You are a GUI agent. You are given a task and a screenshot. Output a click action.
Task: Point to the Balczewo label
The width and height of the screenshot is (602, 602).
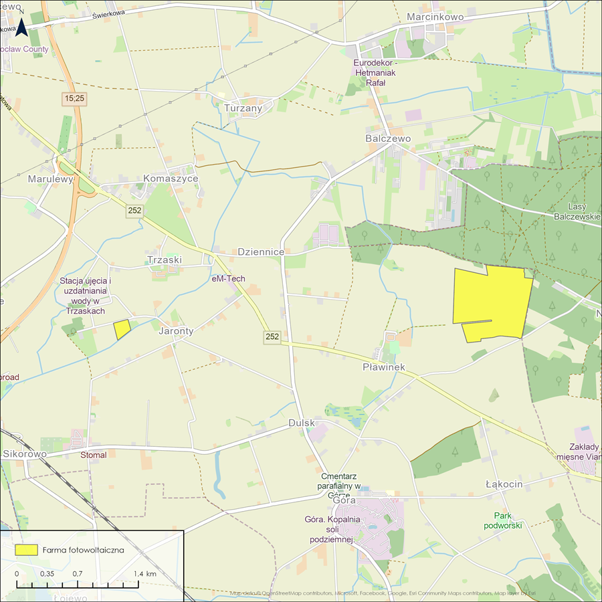pos(388,138)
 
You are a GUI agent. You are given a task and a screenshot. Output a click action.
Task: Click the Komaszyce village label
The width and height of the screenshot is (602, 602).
pos(171,179)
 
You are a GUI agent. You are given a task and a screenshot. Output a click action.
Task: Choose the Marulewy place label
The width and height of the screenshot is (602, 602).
pos(49,179)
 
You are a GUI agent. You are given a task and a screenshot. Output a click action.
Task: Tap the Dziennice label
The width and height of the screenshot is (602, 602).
pos(261,252)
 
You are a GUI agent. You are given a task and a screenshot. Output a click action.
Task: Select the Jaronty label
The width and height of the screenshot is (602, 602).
pos(176,330)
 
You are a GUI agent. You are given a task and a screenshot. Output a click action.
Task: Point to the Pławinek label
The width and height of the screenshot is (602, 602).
pos(383,367)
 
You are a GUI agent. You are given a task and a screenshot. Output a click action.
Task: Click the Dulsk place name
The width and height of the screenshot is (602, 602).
pos(301,423)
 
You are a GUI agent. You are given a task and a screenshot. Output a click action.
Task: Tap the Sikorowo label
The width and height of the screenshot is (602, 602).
pos(25,454)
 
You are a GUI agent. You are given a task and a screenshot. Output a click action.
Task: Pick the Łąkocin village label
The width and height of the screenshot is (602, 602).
pos(504,484)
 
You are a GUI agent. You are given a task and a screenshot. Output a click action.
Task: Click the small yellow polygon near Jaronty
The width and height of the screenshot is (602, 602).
pos(122,329)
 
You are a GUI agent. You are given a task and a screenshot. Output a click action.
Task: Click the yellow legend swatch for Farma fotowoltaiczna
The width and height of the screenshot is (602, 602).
pos(26,549)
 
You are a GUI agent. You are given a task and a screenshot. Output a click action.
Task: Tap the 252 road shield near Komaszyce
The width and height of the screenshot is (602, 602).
pos(134,211)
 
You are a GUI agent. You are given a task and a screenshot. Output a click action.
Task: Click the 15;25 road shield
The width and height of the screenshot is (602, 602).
pos(76,98)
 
